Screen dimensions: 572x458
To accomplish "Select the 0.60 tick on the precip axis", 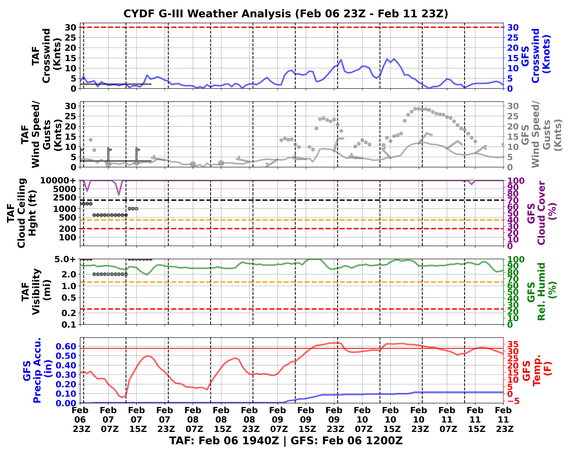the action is point(66,346).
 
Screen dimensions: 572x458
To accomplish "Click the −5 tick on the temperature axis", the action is point(514,401).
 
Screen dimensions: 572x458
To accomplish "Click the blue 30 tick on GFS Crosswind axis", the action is point(513,27).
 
